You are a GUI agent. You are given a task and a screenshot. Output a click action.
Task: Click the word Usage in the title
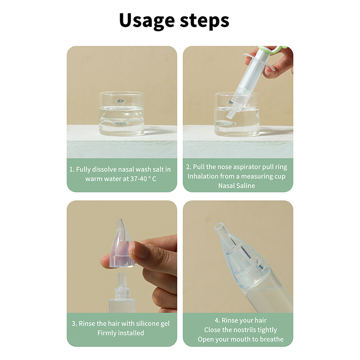[147, 21]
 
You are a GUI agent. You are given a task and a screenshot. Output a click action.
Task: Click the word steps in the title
[204, 21]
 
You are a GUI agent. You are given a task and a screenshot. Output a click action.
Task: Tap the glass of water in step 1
[121, 114]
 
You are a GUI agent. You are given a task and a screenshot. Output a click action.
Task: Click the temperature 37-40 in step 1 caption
[139, 179]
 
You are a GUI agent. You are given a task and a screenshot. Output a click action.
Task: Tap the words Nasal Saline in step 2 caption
[237, 185]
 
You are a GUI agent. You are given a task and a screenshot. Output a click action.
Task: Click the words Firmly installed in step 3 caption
[121, 333]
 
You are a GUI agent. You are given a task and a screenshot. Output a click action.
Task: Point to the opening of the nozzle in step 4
[219, 226]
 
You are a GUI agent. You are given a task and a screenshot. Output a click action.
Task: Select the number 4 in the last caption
[216, 320]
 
